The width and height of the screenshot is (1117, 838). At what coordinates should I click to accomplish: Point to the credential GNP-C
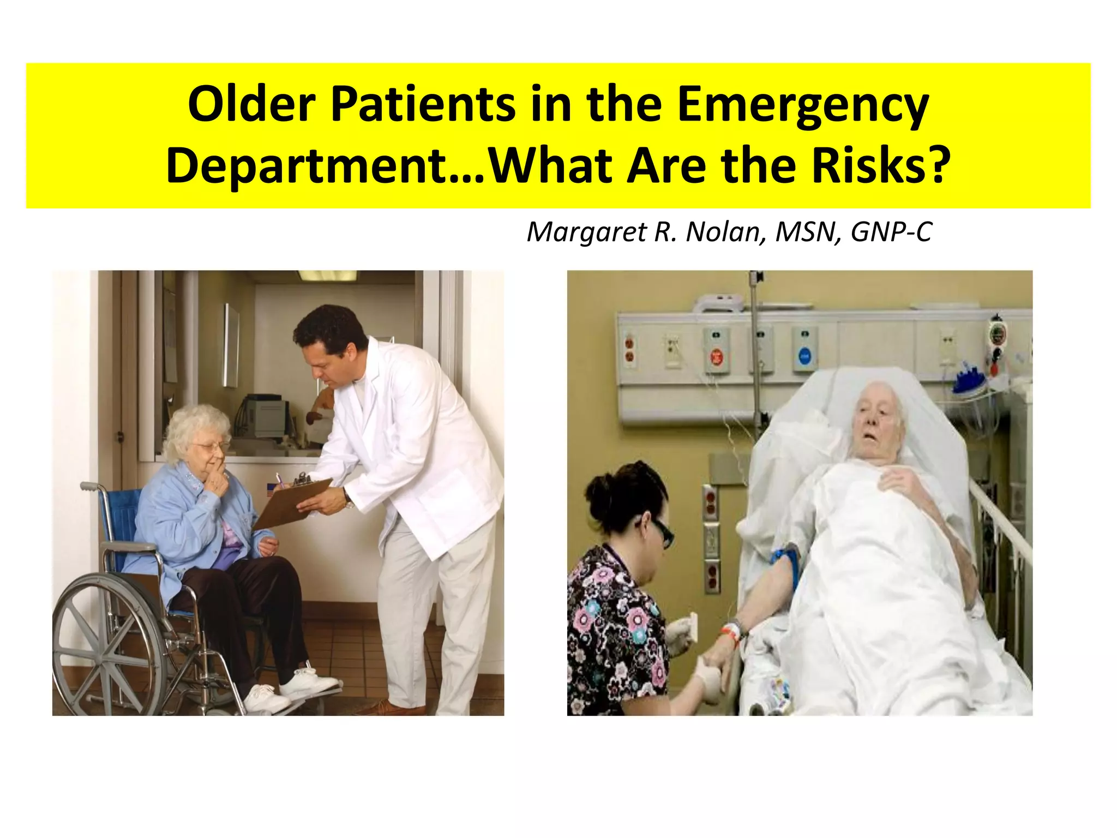click(x=891, y=232)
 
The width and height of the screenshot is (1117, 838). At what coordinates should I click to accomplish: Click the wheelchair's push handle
click(x=87, y=486)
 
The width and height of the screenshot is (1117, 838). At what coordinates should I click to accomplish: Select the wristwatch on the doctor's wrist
click(x=347, y=498)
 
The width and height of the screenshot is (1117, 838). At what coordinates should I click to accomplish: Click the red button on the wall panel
click(x=716, y=358)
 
